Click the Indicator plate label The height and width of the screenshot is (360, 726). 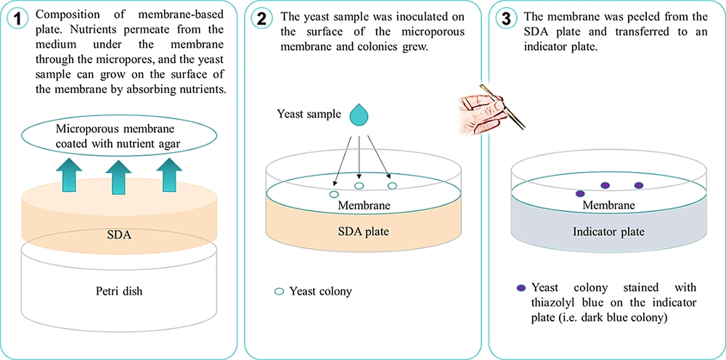[604, 232]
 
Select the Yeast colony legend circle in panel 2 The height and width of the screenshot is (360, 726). [279, 292]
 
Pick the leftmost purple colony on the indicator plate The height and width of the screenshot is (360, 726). [580, 194]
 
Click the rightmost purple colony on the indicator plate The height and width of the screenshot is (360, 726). [639, 185]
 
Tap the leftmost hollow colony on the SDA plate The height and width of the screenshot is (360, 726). [334, 195]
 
